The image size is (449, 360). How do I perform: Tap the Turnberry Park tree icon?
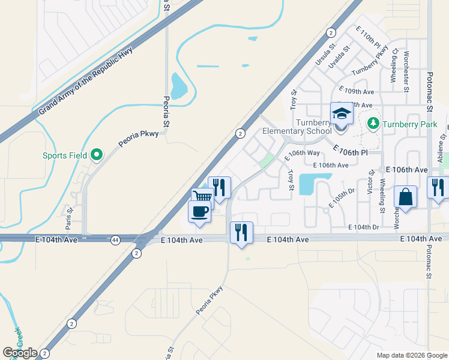click(373, 124)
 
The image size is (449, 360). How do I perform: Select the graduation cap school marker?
click(342, 113)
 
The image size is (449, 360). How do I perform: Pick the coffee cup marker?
click(199, 211)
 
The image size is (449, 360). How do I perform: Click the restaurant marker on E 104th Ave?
click(241, 232)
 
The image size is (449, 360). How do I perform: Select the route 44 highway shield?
click(115, 240)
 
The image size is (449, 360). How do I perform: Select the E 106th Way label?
click(303, 153)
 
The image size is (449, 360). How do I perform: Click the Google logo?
click(20, 353)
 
